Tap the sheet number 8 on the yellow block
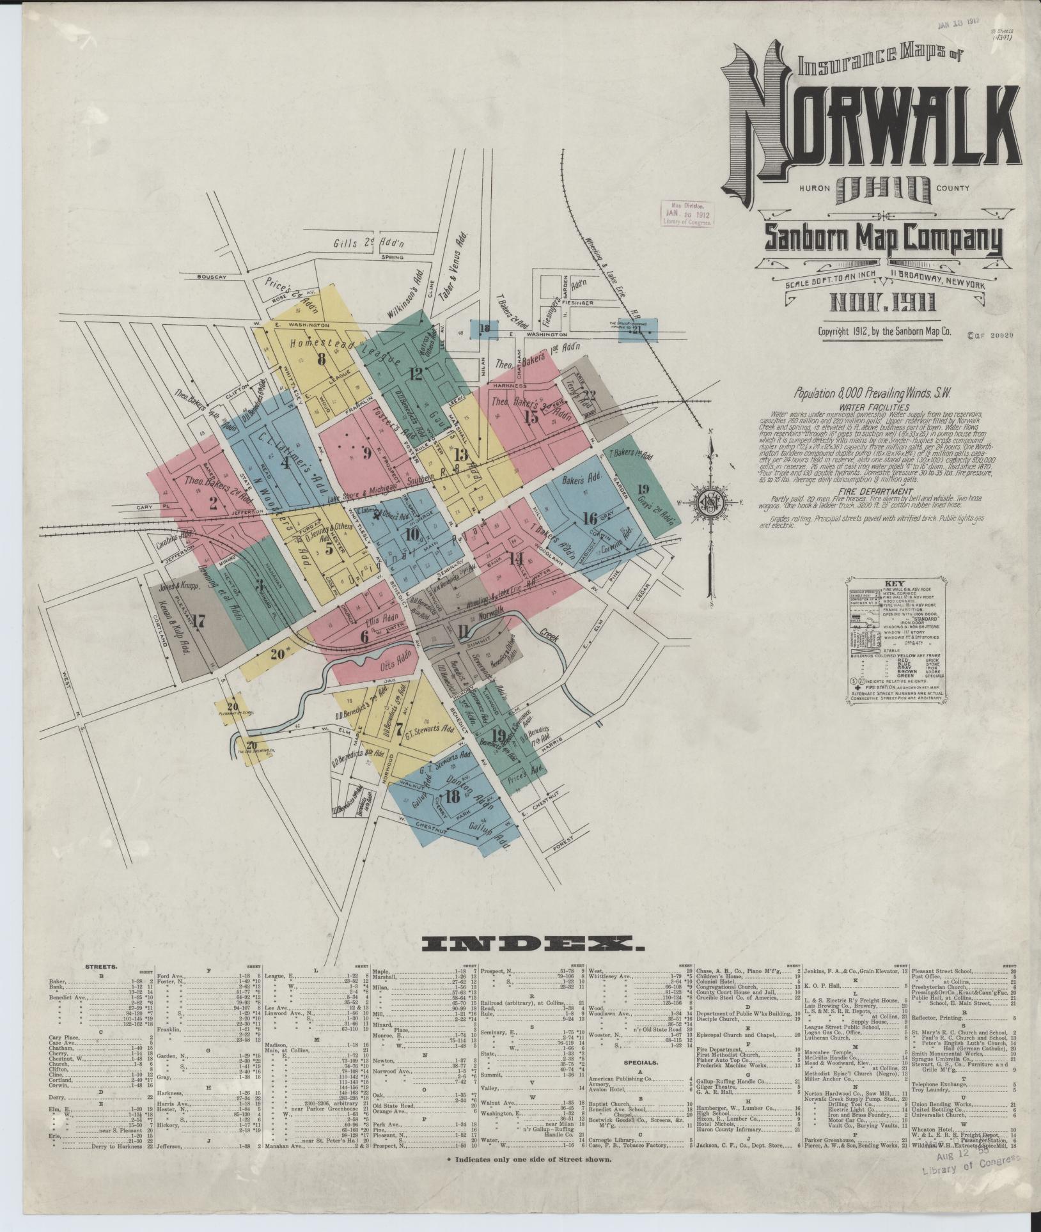tap(321, 359)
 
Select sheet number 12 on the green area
tap(417, 375)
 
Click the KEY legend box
tap(894, 643)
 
